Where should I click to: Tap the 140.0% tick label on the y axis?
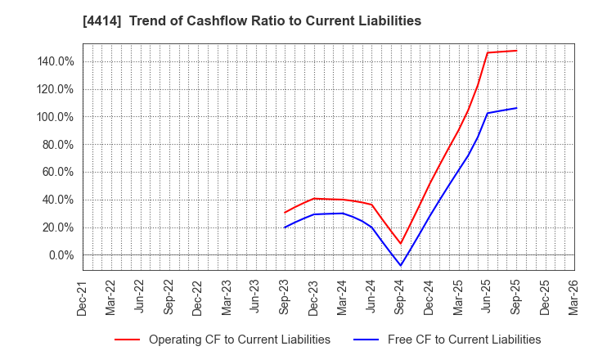pyautogui.click(x=55, y=61)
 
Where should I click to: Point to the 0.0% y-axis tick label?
pyautogui.click(x=61, y=255)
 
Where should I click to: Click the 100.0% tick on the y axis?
pyautogui.click(x=55, y=117)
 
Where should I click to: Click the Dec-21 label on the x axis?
pyautogui.click(x=83, y=296)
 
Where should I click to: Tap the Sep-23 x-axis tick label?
pyautogui.click(x=285, y=296)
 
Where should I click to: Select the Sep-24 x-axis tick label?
pyautogui.click(x=400, y=296)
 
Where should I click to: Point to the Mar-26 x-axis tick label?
pyautogui.click(x=573, y=296)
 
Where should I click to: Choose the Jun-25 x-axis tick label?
pyautogui.click(x=487, y=296)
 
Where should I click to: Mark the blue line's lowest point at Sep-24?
pyautogui.click(x=401, y=266)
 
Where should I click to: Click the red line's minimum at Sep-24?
pyautogui.click(x=401, y=244)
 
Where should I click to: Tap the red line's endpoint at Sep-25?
pyautogui.click(x=516, y=51)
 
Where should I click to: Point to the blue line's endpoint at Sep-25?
pyautogui.click(x=516, y=108)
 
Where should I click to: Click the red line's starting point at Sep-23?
pyautogui.click(x=285, y=213)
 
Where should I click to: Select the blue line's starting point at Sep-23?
pyautogui.click(x=285, y=227)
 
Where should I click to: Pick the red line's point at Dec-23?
pyautogui.click(x=314, y=198)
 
